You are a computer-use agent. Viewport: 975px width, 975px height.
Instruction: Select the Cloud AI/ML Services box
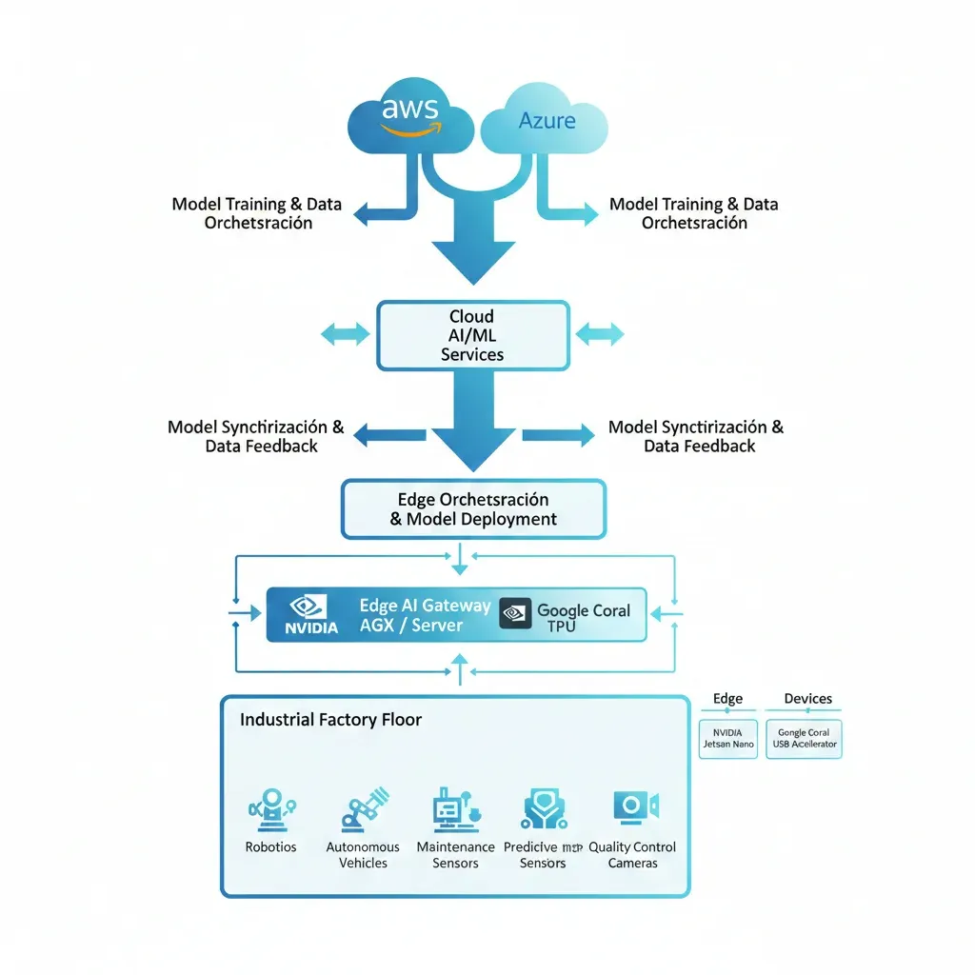(473, 335)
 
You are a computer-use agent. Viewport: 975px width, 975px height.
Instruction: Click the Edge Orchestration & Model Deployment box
(473, 509)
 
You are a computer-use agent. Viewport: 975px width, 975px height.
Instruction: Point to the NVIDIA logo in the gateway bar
(310, 615)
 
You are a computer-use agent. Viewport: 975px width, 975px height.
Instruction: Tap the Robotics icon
(270, 809)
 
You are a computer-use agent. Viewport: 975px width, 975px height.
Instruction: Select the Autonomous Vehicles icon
(364, 809)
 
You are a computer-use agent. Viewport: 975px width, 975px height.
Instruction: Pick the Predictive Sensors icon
(544, 809)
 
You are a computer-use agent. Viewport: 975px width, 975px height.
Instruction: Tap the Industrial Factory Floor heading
(330, 720)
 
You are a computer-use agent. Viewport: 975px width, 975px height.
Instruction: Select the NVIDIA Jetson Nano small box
(728, 738)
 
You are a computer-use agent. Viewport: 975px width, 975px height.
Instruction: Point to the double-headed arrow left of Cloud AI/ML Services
(345, 333)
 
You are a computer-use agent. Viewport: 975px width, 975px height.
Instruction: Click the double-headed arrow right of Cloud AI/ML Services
(600, 333)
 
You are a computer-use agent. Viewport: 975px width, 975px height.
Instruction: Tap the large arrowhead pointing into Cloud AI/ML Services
(472, 262)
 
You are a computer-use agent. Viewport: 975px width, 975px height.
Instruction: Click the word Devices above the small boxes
(807, 699)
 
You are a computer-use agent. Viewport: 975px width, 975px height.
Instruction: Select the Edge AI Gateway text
(425, 606)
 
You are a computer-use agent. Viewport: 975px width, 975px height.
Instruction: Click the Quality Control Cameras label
(632, 855)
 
